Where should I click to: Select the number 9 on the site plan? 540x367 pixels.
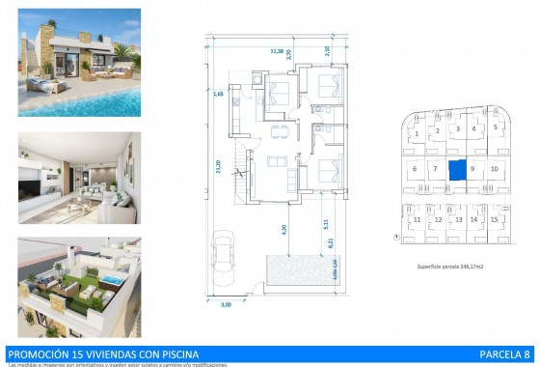472,170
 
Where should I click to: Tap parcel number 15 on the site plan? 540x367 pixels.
494,220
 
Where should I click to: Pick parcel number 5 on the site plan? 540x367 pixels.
494,127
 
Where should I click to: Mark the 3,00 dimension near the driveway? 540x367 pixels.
227,305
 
